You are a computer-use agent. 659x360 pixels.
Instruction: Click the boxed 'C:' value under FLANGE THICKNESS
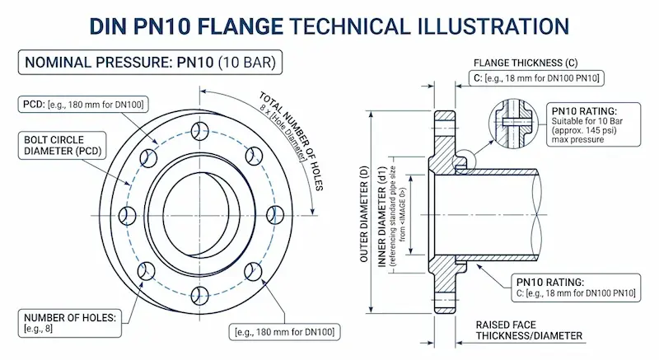click(x=536, y=78)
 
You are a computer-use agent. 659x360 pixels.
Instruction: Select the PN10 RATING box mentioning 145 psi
click(x=589, y=125)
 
